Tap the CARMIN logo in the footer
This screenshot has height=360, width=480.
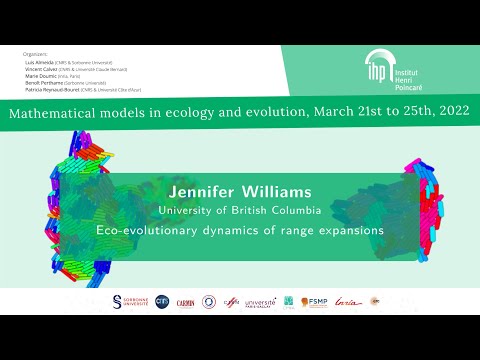tap(185, 302)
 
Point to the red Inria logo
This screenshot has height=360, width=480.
tap(347, 301)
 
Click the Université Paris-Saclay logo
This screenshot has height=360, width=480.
tap(260, 301)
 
